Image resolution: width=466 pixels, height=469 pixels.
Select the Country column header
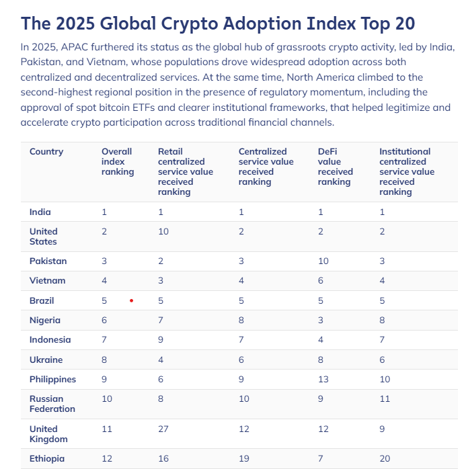click(x=46, y=152)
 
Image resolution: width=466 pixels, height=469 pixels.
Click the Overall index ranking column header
click(x=118, y=161)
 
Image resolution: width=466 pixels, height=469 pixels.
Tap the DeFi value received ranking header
click(x=335, y=167)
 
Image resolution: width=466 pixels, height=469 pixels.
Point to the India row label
click(x=40, y=212)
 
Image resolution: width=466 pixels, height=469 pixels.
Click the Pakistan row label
click(x=48, y=261)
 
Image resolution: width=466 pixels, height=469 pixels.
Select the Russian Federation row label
click(x=52, y=403)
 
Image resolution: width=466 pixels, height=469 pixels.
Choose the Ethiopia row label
click(x=47, y=458)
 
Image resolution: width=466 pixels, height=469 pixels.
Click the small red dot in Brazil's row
click(x=131, y=300)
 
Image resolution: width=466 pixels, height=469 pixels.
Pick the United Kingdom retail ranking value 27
click(x=163, y=429)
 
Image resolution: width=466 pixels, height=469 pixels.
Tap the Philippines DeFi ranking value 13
click(x=323, y=379)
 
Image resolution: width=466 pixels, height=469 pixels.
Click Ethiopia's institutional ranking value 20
click(x=385, y=458)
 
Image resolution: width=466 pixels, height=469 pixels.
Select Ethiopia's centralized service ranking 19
click(x=243, y=458)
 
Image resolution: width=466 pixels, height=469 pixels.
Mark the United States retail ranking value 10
click(x=163, y=231)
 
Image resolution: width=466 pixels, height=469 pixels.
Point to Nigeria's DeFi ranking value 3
click(x=321, y=320)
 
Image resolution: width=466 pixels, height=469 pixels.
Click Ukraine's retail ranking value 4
click(x=161, y=359)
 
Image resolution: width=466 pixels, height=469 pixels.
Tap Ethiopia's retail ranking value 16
click(x=163, y=458)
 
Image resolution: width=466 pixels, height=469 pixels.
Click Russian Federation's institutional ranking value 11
click(x=385, y=398)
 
